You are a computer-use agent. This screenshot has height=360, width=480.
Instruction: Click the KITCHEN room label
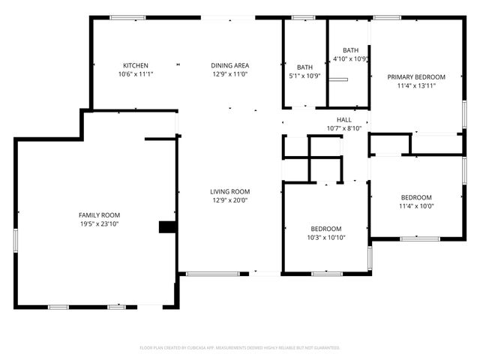pyautogui.click(x=136, y=65)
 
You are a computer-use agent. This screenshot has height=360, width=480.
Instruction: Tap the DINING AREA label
pyautogui.click(x=229, y=65)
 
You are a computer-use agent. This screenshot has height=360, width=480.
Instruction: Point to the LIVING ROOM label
pyautogui.click(x=229, y=191)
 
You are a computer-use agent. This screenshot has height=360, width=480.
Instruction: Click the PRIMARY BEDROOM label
pyautogui.click(x=416, y=76)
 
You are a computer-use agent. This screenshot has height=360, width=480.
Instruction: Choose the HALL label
pyautogui.click(x=343, y=119)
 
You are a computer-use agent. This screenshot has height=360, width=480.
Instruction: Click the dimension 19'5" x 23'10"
pyautogui.click(x=100, y=223)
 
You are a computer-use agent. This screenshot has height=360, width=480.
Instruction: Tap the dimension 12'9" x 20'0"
pyautogui.click(x=229, y=200)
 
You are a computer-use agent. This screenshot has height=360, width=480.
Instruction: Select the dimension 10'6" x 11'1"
pyautogui.click(x=136, y=74)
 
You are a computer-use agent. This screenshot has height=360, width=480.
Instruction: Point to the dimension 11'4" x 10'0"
pyautogui.click(x=416, y=206)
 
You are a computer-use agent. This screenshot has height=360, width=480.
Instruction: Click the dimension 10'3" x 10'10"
pyautogui.click(x=326, y=238)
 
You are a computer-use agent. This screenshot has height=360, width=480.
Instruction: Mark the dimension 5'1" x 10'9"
pyautogui.click(x=304, y=76)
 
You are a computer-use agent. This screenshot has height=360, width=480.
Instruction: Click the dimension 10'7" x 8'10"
pyautogui.click(x=343, y=128)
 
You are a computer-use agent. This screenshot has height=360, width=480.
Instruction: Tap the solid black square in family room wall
pyautogui.click(x=165, y=227)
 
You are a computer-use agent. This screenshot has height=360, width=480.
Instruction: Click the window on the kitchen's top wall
pyautogui.click(x=127, y=17)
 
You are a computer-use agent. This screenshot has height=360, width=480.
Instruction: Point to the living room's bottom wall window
pyautogui.click(x=207, y=273)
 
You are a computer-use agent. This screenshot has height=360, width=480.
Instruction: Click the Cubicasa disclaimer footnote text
pyautogui.click(x=240, y=347)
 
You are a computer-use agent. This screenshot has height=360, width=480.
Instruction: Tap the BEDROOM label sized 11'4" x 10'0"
pyautogui.click(x=416, y=197)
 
